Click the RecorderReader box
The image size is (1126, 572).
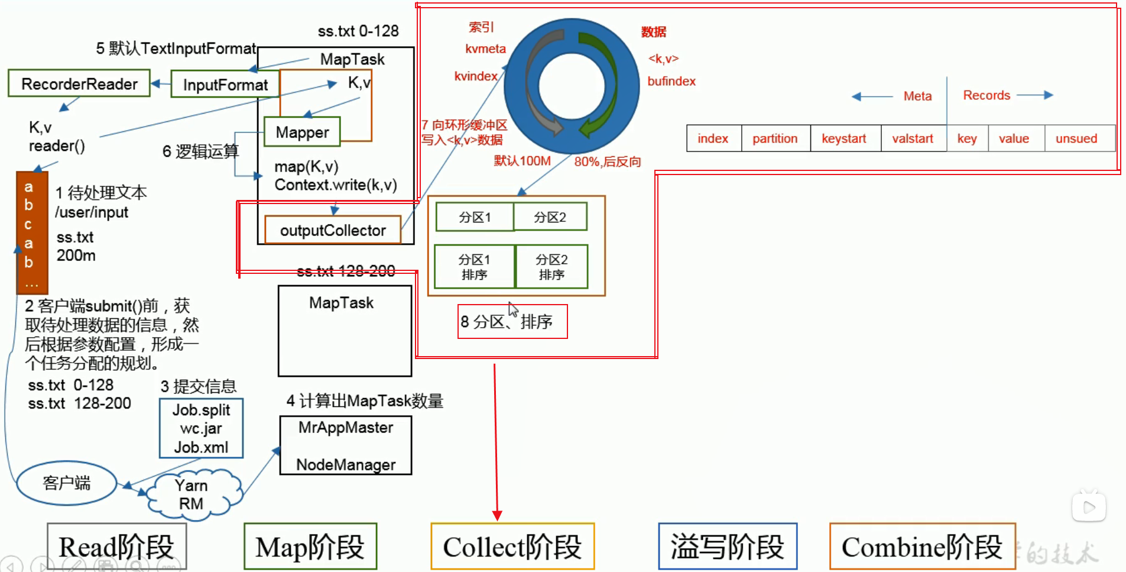(x=79, y=83)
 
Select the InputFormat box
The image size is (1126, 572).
(x=225, y=85)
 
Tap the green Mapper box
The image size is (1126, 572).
(x=302, y=132)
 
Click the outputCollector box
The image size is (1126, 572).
(x=333, y=230)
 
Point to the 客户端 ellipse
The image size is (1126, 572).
(x=66, y=483)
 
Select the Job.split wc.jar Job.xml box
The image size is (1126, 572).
(x=201, y=428)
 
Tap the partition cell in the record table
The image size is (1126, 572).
(x=775, y=138)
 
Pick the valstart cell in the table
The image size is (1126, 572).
(x=913, y=138)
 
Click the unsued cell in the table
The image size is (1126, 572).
(x=1077, y=138)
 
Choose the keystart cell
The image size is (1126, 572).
(x=844, y=138)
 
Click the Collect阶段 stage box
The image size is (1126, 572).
(x=512, y=547)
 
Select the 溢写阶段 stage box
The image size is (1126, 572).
(x=728, y=547)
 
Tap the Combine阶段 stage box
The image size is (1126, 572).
(x=922, y=547)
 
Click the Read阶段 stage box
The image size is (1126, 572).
(x=116, y=547)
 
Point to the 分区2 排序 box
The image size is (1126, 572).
(x=551, y=267)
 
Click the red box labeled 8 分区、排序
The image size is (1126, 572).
(x=512, y=322)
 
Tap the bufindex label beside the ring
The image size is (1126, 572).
(x=671, y=81)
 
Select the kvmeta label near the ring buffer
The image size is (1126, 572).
(x=485, y=49)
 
